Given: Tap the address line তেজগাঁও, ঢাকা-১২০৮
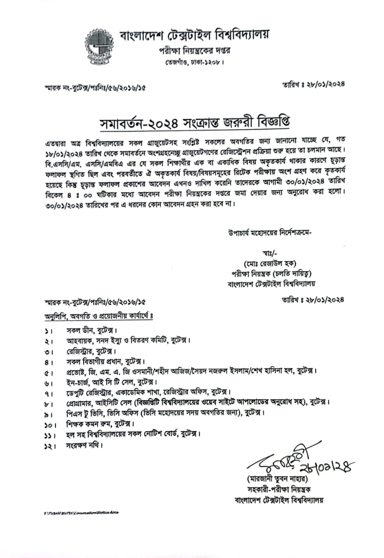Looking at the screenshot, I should click(x=194, y=62).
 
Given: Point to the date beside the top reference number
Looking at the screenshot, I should click(x=313, y=85).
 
